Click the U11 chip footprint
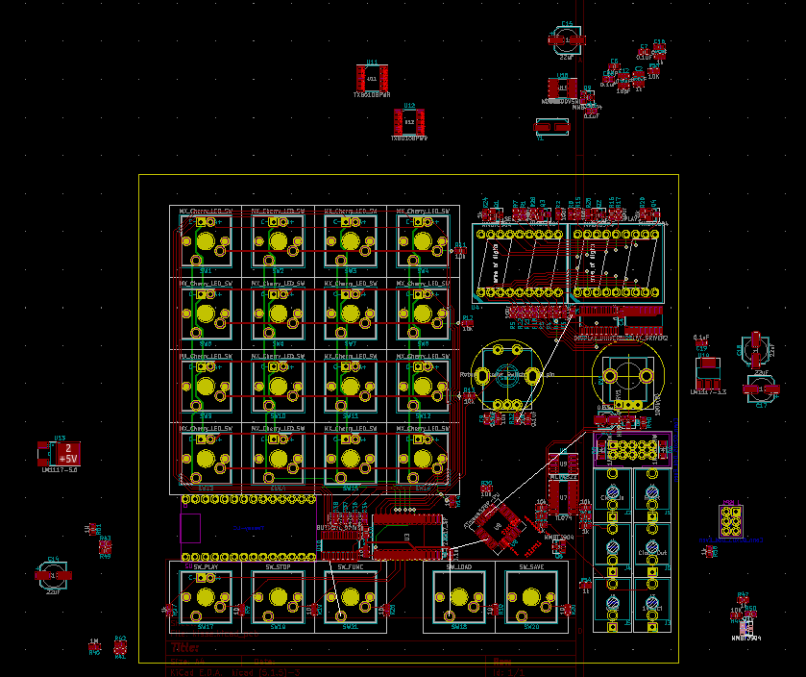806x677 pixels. [x=372, y=78]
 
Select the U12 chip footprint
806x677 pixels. [x=409, y=122]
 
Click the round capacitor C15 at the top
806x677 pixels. [x=567, y=40]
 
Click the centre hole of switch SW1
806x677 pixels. [x=205, y=240]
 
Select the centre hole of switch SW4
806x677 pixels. [x=423, y=240]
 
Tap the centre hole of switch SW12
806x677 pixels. [x=423, y=386]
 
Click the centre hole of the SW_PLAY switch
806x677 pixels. [x=205, y=596]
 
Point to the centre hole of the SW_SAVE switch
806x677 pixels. [x=531, y=596]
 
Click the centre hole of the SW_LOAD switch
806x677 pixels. [x=459, y=596]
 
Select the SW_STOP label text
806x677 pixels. [x=278, y=567]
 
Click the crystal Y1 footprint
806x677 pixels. [x=551, y=126]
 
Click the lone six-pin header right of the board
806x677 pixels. [x=731, y=521]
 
